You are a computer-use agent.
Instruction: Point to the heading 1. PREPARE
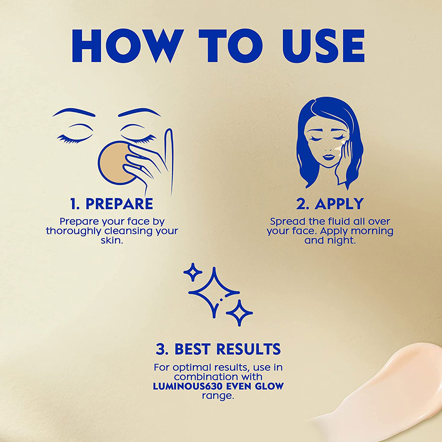pos(111,204)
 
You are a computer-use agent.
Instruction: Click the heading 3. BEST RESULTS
pos(218,349)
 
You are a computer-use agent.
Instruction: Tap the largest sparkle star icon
pos(214,290)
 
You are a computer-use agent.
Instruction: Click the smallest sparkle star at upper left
pos(193,272)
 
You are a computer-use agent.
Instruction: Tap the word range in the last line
pos(218,395)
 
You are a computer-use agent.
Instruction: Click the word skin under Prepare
pos(112,241)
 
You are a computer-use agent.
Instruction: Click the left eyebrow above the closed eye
pos(73,112)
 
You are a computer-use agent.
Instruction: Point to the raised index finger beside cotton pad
pos(169,151)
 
